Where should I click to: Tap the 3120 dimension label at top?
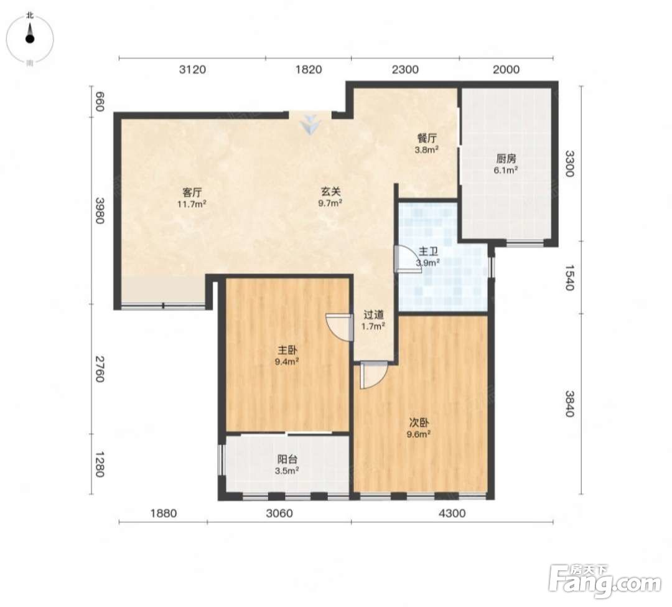click(x=192, y=70)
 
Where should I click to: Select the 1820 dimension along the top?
click(x=309, y=70)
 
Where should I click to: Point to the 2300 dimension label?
click(x=406, y=70)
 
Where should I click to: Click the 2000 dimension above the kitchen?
click(x=506, y=70)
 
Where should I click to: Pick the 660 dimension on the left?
click(x=100, y=101)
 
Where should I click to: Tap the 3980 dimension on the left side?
click(x=100, y=210)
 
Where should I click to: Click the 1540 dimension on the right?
click(x=569, y=277)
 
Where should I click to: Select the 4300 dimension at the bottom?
click(x=452, y=513)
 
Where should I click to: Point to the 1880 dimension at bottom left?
click(x=164, y=513)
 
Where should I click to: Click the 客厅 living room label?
click(x=192, y=192)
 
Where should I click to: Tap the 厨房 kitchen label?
click(x=506, y=159)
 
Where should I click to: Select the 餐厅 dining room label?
click(x=427, y=138)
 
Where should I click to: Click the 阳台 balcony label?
click(x=287, y=459)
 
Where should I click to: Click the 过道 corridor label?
click(x=373, y=315)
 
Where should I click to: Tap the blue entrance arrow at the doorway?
click(x=310, y=125)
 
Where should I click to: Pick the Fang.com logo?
click(x=605, y=581)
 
